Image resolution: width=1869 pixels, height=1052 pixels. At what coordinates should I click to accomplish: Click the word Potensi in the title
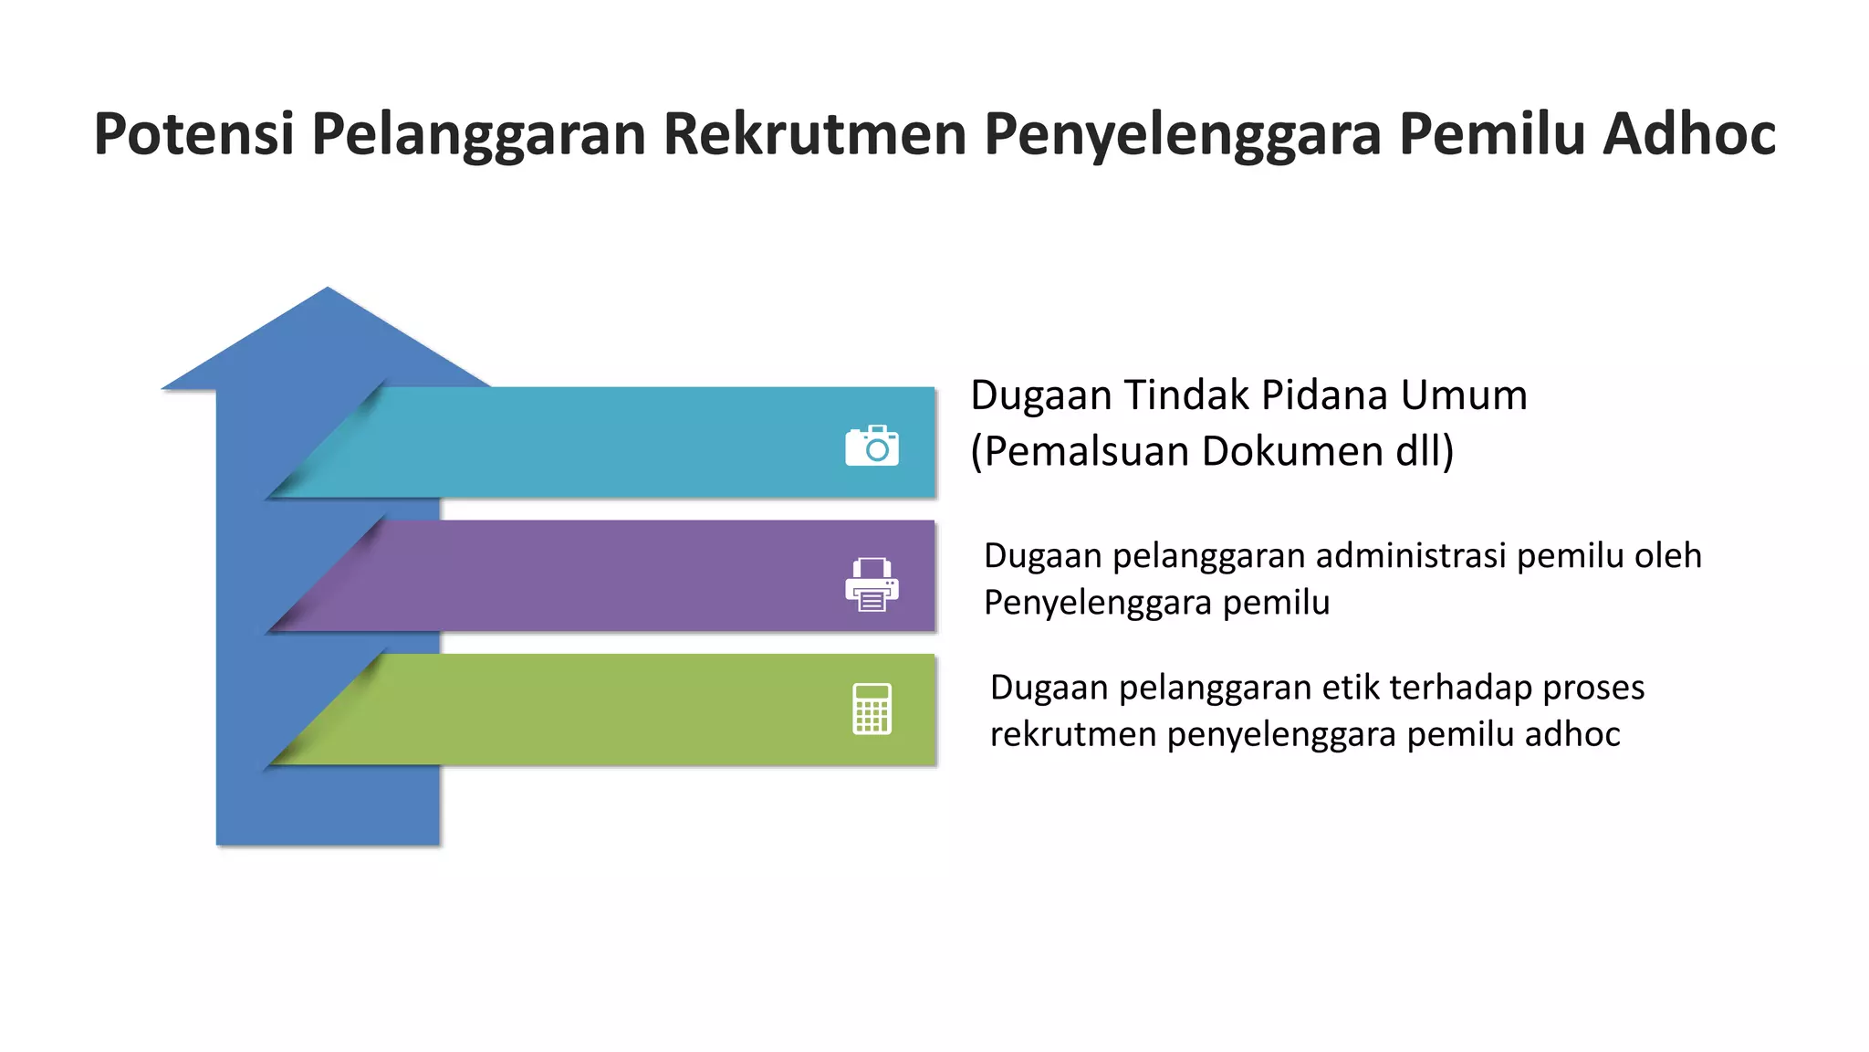[193, 134]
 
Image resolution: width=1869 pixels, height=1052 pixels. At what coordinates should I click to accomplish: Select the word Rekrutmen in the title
[814, 134]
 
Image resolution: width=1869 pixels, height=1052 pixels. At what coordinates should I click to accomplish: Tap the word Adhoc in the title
[1689, 134]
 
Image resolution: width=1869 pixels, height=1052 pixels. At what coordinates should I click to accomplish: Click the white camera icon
[872, 446]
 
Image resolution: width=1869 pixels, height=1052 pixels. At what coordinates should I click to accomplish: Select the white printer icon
[872, 584]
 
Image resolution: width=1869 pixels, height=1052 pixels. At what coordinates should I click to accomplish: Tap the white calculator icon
[872, 709]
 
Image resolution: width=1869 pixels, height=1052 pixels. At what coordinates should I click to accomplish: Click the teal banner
[602, 443]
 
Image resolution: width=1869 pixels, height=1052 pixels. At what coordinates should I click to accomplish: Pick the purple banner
[602, 576]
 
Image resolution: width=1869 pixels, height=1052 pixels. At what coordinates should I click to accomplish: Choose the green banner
[602, 710]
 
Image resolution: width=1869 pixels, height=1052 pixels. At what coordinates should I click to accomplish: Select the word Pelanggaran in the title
[478, 134]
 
